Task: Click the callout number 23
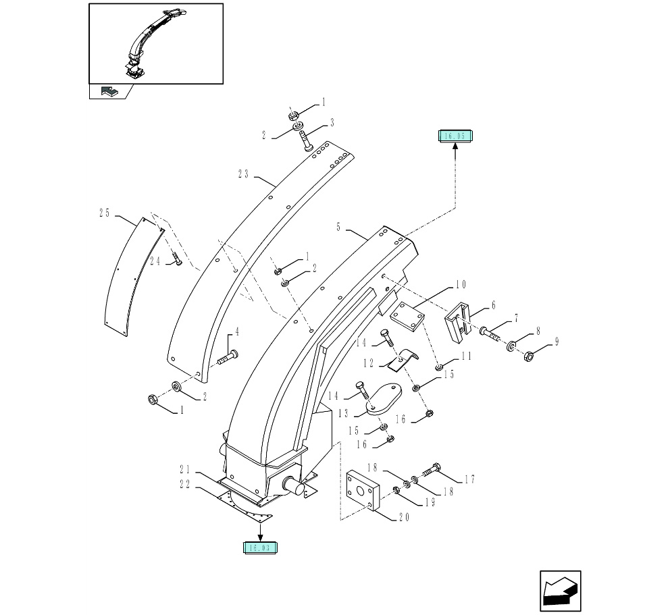[244, 174]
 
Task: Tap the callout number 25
[104, 213]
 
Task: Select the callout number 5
[338, 228]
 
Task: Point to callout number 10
[460, 284]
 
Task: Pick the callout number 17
[470, 479]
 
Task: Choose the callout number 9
[557, 342]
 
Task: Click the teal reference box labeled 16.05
[455, 136]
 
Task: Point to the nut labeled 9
[529, 355]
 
